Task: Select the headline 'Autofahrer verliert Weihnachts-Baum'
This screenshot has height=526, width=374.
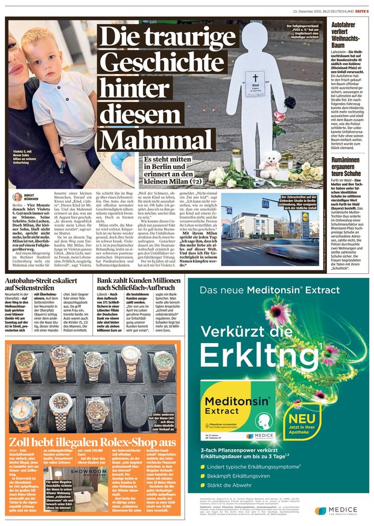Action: pos(345,35)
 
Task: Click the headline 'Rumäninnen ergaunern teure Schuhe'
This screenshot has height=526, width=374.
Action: pos(346,168)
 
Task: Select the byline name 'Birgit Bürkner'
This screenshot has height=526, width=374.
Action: pos(31,197)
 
